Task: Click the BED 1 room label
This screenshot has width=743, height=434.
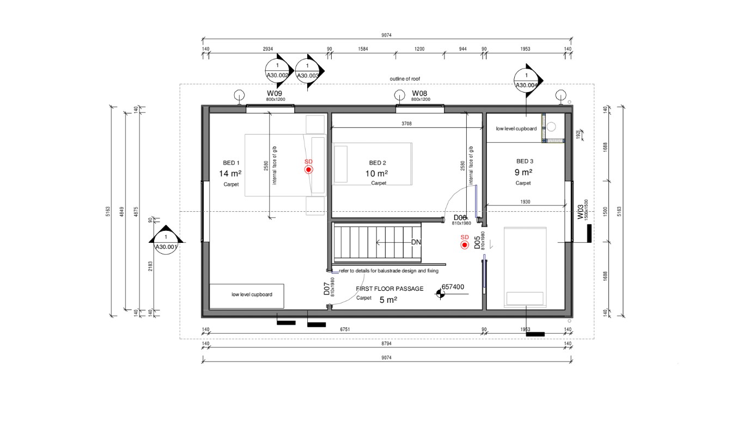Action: [231, 163]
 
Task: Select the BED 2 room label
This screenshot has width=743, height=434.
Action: [377, 163]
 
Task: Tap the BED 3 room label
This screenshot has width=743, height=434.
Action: [525, 161]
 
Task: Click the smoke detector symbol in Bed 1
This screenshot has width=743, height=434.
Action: [308, 170]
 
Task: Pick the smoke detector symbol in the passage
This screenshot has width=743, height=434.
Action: [465, 245]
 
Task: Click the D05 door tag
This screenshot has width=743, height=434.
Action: [477, 242]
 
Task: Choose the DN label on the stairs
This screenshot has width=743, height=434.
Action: [416, 242]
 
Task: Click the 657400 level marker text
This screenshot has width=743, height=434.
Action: [453, 286]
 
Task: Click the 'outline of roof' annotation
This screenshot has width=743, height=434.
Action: [405, 79]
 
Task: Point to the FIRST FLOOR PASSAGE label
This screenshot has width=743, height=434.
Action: [389, 289]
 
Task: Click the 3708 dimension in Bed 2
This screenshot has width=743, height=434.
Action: [406, 124]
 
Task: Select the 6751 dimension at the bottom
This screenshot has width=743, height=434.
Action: [344, 329]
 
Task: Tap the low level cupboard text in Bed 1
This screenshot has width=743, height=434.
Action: [252, 295]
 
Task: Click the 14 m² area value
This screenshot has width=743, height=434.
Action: [230, 174]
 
